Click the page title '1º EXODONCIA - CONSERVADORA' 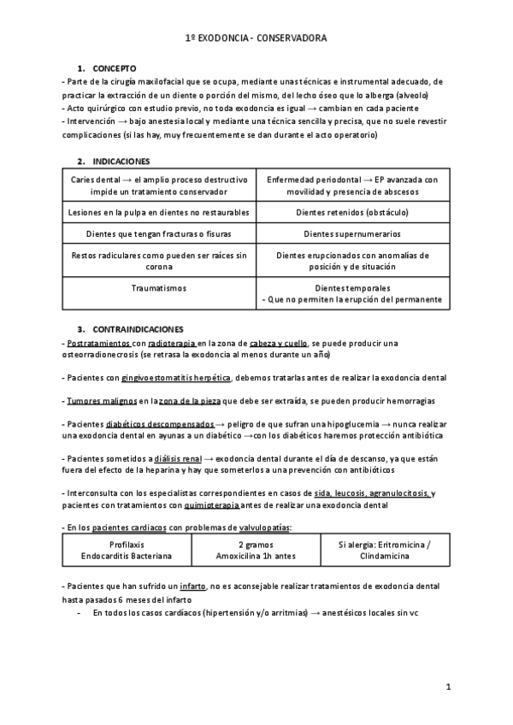click(x=256, y=38)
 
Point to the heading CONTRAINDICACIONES click(x=136, y=328)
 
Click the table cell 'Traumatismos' click(x=159, y=289)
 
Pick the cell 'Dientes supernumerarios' click(x=352, y=233)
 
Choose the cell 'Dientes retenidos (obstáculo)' click(x=352, y=210)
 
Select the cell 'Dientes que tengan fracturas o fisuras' click(x=159, y=233)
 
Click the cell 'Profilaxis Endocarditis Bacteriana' click(x=127, y=550)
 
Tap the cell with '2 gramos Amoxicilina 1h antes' click(x=256, y=550)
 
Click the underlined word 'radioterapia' click(x=172, y=343)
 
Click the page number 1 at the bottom click(x=448, y=687)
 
